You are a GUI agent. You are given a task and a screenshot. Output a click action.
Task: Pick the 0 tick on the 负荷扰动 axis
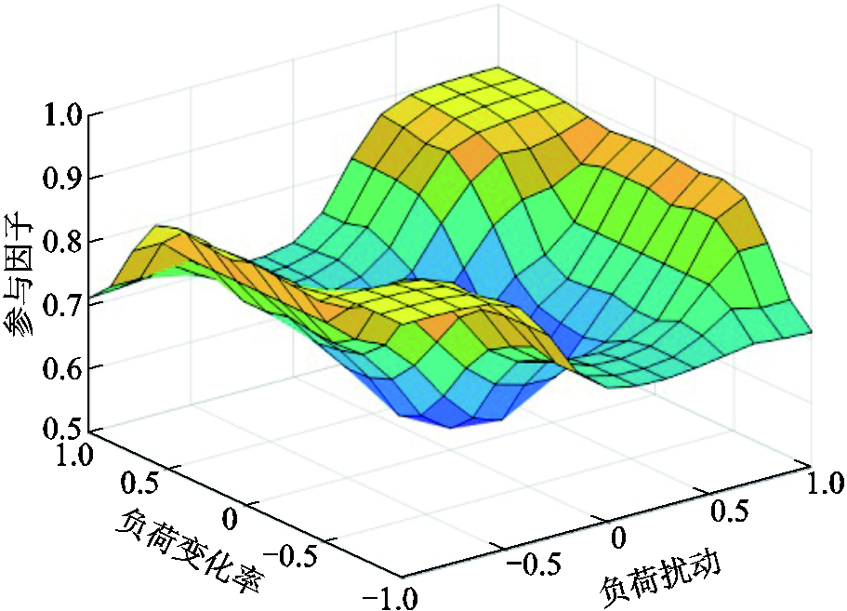coord(620,537)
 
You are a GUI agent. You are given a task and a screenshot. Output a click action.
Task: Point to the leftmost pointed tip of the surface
coord(91,298)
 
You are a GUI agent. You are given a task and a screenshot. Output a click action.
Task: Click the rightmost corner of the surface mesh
coord(814,331)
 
